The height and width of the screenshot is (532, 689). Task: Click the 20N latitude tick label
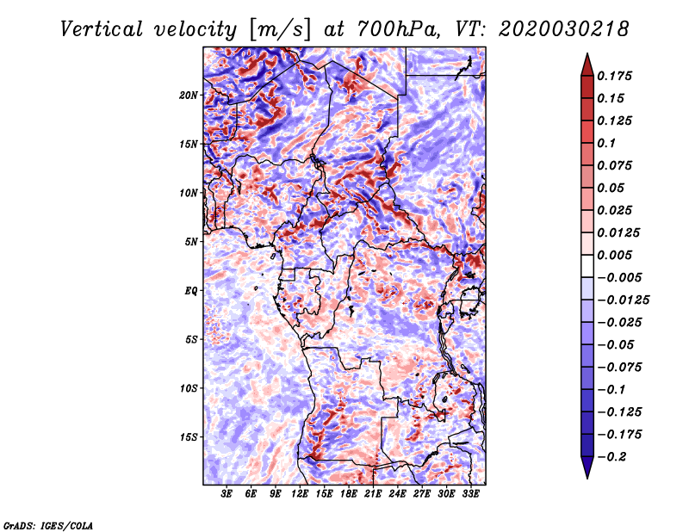point(189,96)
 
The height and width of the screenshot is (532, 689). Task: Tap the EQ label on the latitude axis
point(191,291)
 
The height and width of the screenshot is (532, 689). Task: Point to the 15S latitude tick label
point(189,437)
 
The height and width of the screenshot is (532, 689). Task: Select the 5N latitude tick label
point(191,242)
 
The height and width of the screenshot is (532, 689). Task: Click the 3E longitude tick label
point(227,494)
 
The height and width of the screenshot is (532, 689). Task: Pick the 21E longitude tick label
point(373,494)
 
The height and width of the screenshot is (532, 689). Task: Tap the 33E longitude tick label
point(470,494)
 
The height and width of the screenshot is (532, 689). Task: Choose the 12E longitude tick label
point(299,494)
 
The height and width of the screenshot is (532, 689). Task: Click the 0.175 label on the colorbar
point(614,76)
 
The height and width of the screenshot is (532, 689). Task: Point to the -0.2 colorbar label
point(611,457)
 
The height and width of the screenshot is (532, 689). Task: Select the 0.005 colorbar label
point(614,255)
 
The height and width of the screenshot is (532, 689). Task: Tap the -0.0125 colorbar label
point(623,300)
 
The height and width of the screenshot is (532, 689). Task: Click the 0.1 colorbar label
point(606,143)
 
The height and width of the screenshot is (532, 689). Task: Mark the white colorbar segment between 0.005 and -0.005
point(587,266)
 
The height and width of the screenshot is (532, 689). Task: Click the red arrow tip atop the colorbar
point(587,53)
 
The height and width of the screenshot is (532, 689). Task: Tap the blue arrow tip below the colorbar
point(587,478)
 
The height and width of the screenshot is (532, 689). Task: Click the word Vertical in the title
point(102,29)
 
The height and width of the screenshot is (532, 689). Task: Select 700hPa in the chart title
point(398,29)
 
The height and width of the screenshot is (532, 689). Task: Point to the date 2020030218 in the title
point(564,29)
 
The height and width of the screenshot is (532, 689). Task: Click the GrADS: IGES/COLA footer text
point(48,526)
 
